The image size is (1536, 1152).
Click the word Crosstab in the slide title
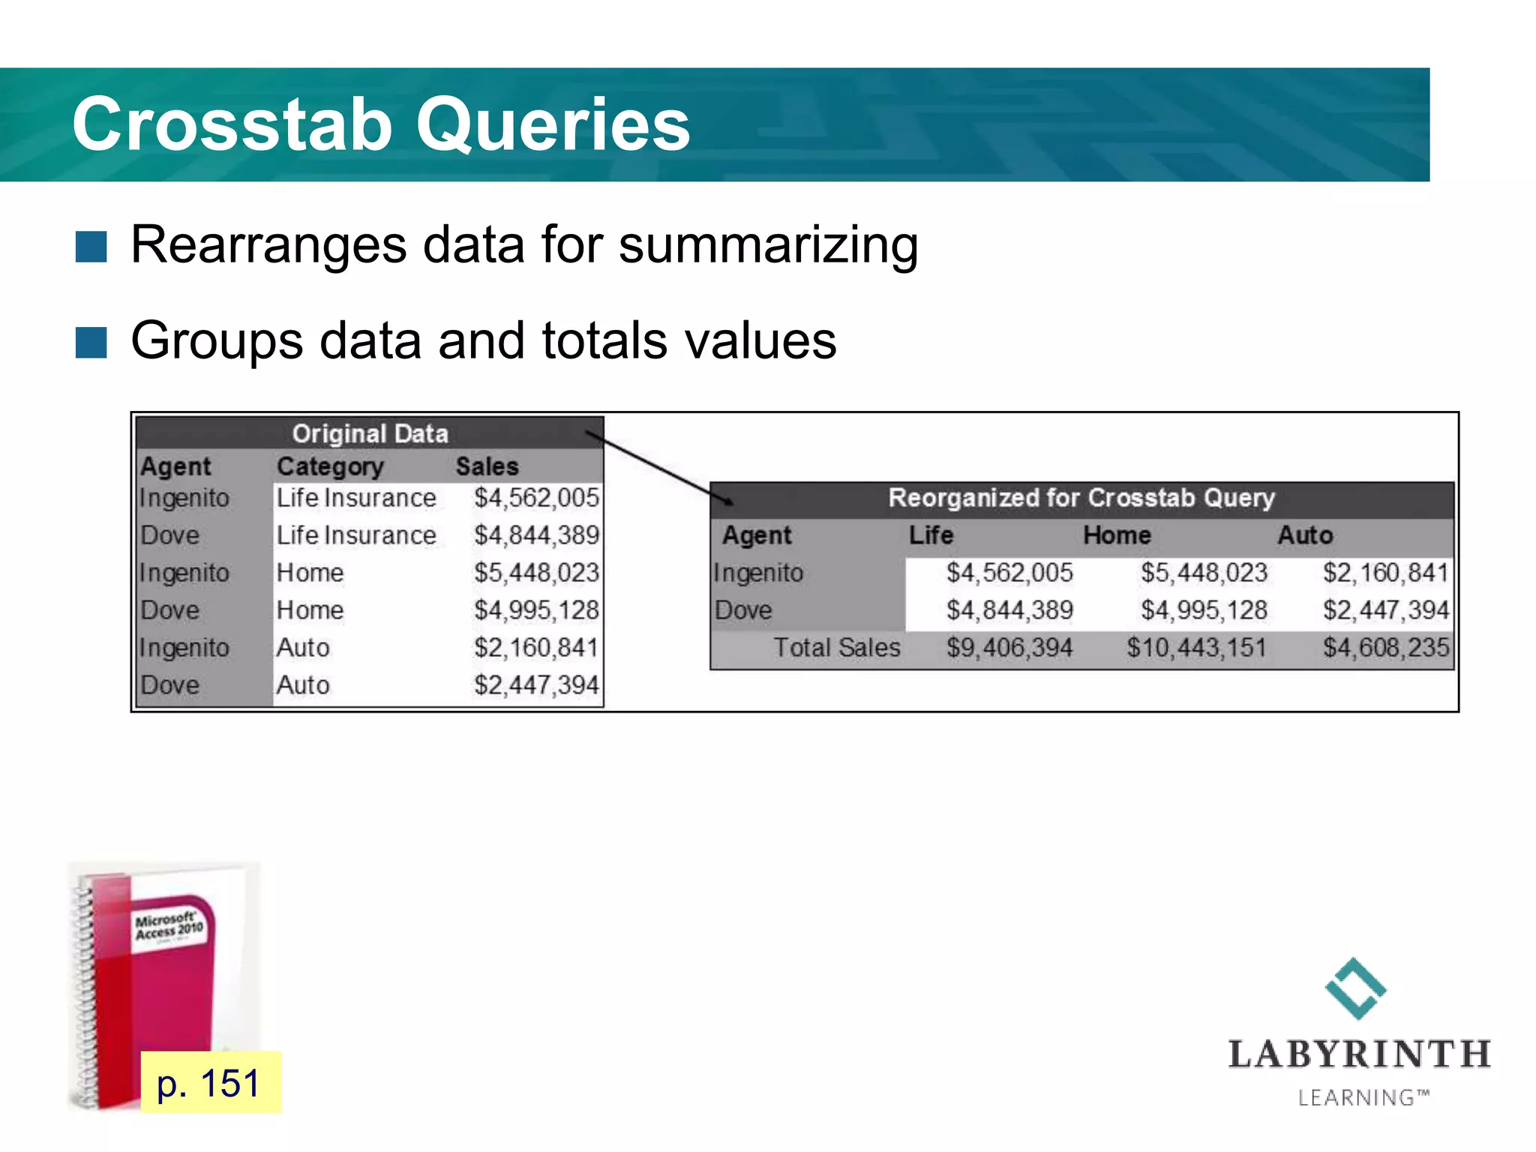[232, 125]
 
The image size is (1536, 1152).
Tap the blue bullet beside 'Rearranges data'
[91, 247]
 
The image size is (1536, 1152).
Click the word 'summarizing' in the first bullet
[768, 245]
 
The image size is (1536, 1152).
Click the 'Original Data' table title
[370, 433]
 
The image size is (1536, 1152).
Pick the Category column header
[330, 466]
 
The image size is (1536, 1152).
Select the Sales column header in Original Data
[487, 466]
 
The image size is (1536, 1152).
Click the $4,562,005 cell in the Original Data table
[536, 498]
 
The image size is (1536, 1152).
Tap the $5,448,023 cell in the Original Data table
[536, 573]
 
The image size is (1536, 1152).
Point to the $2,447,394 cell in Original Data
[536, 685]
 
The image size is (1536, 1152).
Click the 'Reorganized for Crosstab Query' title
[1081, 498]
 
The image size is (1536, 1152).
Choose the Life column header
[931, 535]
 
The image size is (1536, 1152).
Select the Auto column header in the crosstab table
[1305, 535]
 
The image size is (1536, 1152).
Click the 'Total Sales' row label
[836, 647]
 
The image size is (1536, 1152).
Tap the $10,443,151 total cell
[1196, 647]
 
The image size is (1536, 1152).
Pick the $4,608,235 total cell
[1385, 647]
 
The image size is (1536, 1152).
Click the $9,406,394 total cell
[1009, 647]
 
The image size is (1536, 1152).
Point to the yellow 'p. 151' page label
[210, 1083]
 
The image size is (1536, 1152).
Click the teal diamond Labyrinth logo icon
[1355, 988]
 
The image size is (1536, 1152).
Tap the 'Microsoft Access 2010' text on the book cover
[169, 927]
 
